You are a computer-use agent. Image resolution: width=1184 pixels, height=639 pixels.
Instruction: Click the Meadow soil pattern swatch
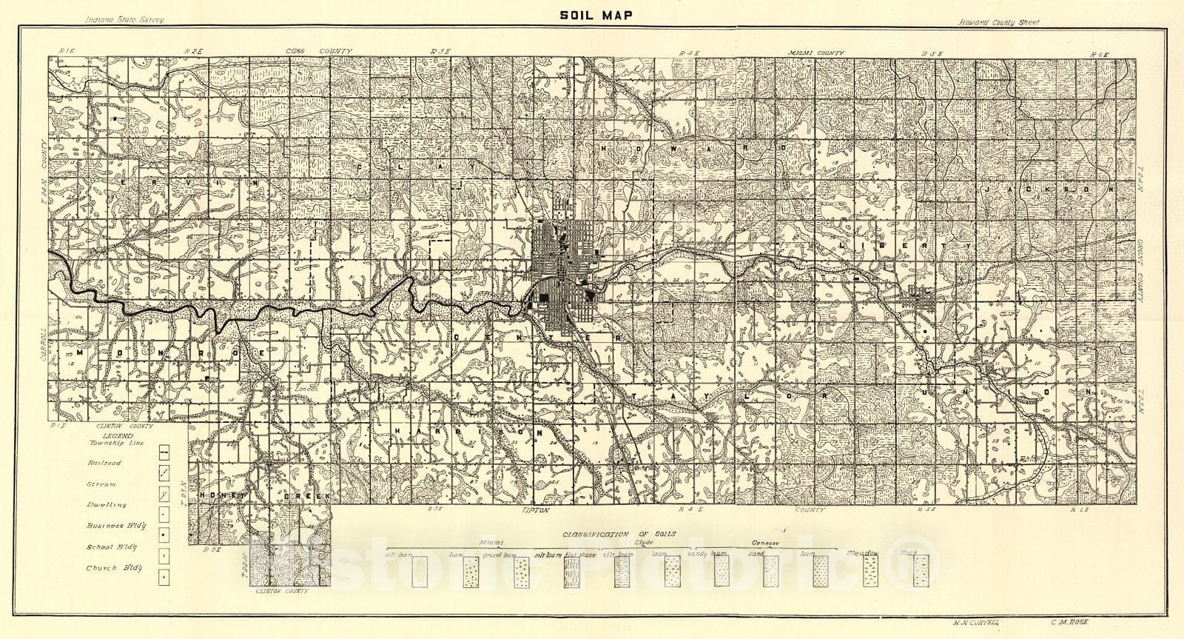871,571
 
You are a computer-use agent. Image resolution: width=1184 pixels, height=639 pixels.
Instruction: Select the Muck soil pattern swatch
921,571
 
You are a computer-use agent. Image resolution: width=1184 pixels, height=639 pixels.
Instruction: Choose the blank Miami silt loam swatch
420,572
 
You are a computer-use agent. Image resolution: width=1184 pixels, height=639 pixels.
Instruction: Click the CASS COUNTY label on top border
320,51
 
